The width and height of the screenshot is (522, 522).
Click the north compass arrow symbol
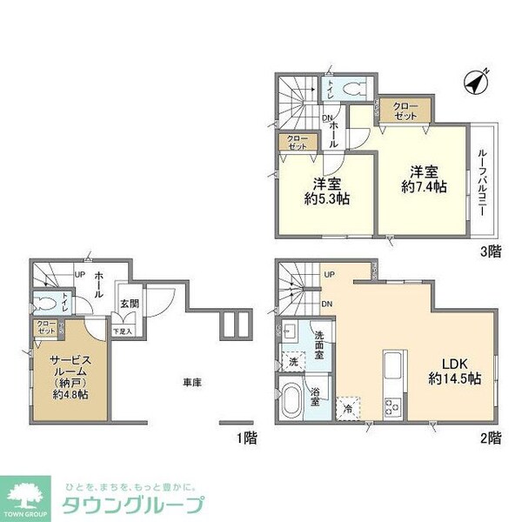[x=477, y=84]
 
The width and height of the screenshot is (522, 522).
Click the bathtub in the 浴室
[x=292, y=402]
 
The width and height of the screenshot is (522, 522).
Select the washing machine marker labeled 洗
[x=292, y=360]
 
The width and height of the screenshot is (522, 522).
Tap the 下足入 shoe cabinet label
[x=122, y=331]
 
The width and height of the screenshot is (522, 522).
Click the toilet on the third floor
[x=351, y=89]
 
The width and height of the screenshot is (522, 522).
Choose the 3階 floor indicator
[x=492, y=251]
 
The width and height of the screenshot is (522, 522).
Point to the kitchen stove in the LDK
[x=392, y=404]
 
